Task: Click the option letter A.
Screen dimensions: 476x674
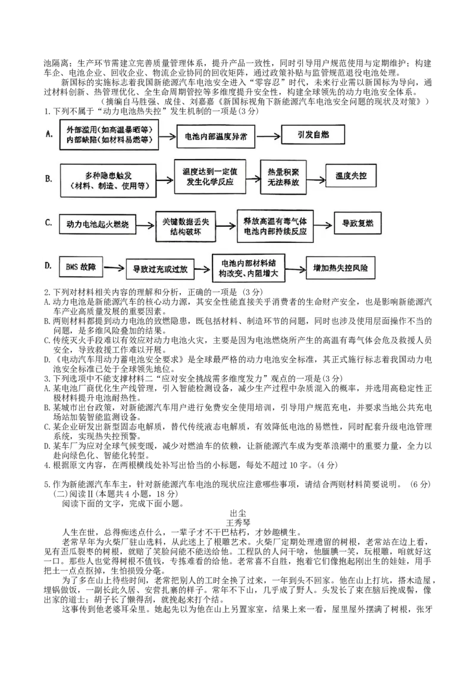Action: pos(49,135)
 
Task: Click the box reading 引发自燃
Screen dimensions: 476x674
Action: pos(313,136)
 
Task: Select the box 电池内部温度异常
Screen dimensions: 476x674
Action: pos(217,137)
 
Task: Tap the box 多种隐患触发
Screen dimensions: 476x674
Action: pos(109,180)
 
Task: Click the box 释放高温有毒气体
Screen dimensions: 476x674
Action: pos(275,226)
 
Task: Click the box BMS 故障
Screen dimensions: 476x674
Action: pos(82,267)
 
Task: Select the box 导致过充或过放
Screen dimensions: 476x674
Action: pos(160,270)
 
